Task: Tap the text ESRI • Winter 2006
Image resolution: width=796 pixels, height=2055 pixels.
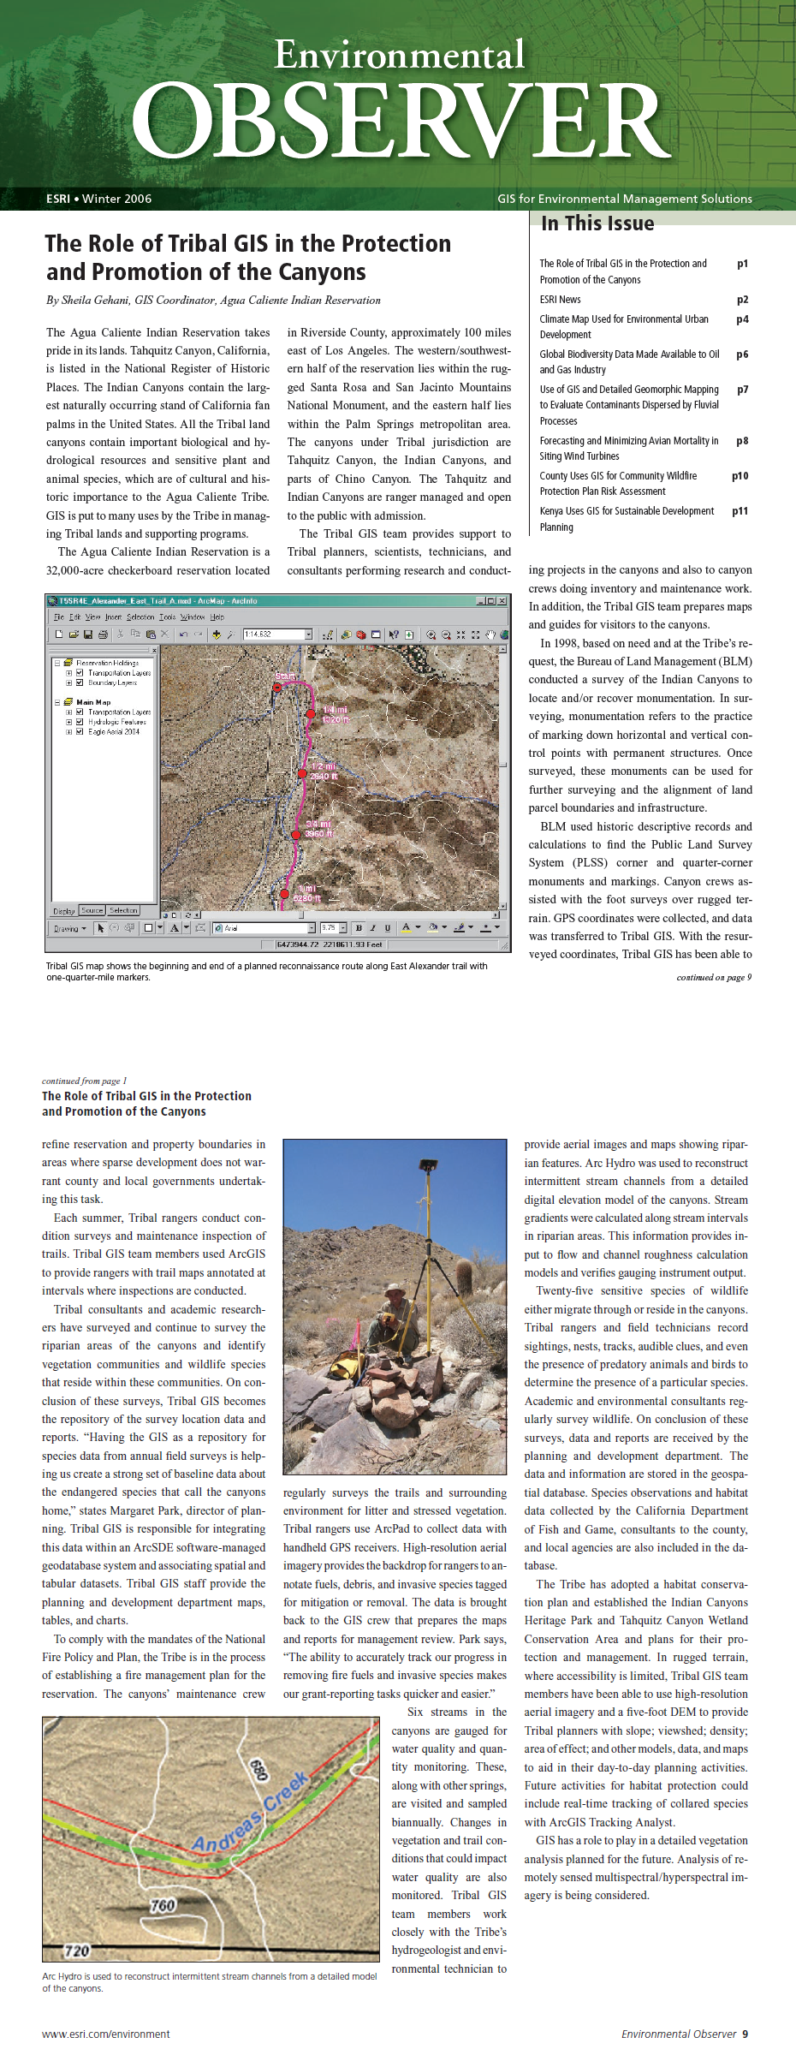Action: pyautogui.click(x=98, y=199)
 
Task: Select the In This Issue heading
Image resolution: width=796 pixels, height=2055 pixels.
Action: pyautogui.click(x=597, y=223)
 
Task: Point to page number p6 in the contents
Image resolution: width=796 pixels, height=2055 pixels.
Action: pyautogui.click(x=742, y=354)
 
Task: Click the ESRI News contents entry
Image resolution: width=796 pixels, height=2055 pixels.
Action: pyautogui.click(x=560, y=300)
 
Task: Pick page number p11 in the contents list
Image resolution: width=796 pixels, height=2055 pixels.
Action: pyautogui.click(x=740, y=511)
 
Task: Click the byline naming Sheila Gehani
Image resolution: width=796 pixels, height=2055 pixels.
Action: pyautogui.click(x=213, y=301)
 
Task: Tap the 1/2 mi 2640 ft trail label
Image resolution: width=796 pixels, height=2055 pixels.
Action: pyautogui.click(x=324, y=771)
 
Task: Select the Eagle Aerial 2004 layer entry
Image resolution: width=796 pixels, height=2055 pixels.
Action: pyautogui.click(x=113, y=732)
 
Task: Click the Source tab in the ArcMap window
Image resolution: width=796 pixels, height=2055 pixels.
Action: pyautogui.click(x=92, y=910)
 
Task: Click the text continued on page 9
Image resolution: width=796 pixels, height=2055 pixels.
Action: pyautogui.click(x=714, y=977)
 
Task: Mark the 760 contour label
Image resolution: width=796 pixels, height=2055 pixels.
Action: pyautogui.click(x=162, y=1905)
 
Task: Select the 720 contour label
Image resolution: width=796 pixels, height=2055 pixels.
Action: pyautogui.click(x=77, y=1951)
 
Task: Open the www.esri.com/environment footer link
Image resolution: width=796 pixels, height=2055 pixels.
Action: pyautogui.click(x=105, y=2034)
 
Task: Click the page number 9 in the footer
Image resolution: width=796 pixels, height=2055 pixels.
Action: pyautogui.click(x=745, y=2034)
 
